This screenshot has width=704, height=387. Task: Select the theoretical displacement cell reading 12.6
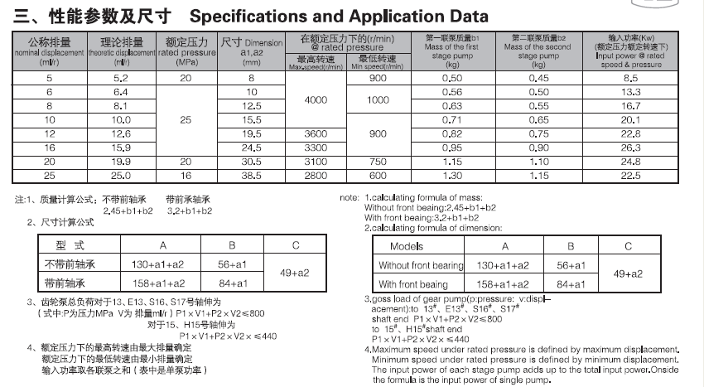121,133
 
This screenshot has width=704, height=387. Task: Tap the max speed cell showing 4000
316,99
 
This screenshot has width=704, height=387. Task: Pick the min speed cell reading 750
379,162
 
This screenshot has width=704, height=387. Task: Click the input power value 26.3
632,148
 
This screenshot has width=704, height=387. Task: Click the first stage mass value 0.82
451,133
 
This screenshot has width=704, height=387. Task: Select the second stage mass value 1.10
539,162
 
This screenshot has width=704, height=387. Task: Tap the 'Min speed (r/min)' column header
379,63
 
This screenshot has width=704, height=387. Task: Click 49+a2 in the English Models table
628,273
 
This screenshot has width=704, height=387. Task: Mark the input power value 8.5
632,77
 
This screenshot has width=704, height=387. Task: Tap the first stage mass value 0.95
451,148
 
